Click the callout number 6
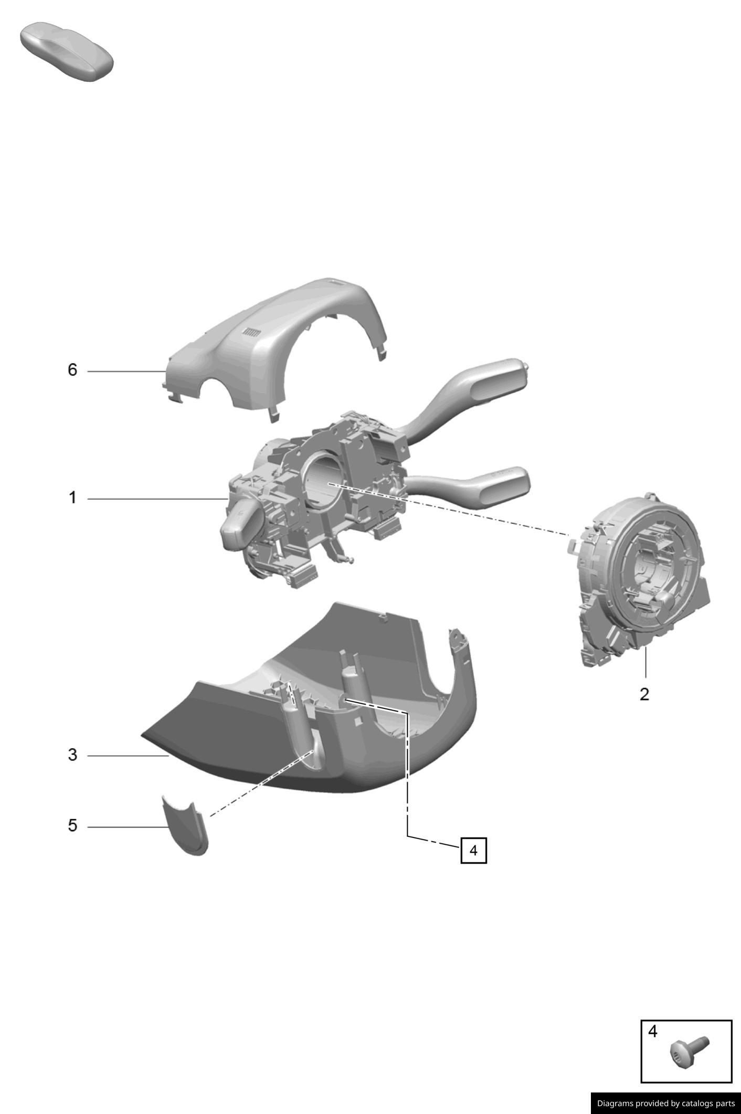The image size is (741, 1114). pyautogui.click(x=72, y=370)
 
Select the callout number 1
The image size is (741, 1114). pyautogui.click(x=72, y=497)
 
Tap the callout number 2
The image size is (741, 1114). pyautogui.click(x=644, y=694)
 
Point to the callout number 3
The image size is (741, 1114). pyautogui.click(x=72, y=755)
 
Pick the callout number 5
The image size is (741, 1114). pyautogui.click(x=72, y=825)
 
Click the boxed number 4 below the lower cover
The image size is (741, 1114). pyautogui.click(x=473, y=850)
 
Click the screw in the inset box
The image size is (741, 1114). pyautogui.click(x=689, y=1052)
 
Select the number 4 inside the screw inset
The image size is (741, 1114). pyautogui.click(x=652, y=1032)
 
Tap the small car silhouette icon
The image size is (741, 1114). pyautogui.click(x=67, y=51)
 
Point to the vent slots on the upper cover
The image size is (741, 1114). pyautogui.click(x=251, y=332)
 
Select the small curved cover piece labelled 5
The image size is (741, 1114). pyautogui.click(x=185, y=826)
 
